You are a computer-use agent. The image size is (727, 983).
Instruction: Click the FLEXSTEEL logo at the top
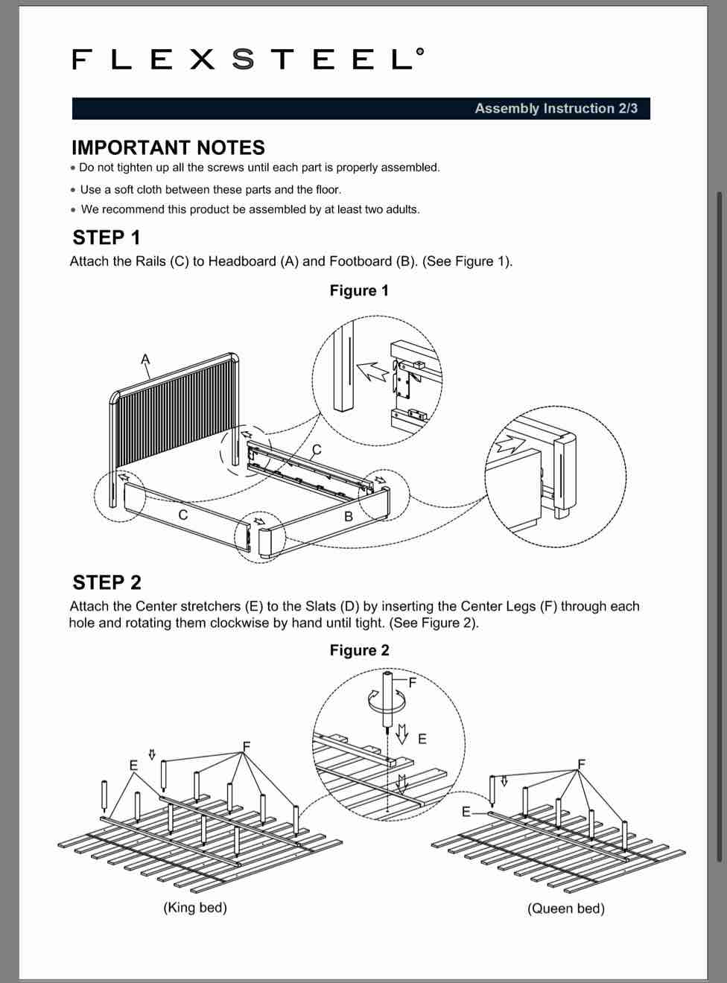tap(248, 59)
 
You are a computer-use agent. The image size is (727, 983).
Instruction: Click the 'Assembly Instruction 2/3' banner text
tap(556, 109)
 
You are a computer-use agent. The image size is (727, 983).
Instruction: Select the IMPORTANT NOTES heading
tap(168, 147)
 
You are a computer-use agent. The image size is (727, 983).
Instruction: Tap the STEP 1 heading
tap(107, 238)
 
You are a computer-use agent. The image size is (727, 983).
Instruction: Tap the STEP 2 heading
tap(107, 582)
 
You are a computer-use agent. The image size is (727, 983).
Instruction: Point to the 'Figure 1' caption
tap(359, 290)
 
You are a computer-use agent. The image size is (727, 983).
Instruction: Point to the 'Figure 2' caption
tap(359, 650)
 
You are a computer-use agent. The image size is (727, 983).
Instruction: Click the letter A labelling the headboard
tap(145, 360)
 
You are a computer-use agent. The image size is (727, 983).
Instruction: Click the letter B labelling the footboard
tap(348, 516)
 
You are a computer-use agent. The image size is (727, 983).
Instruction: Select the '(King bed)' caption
tap(195, 907)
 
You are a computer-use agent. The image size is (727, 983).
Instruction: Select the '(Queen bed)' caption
tap(566, 909)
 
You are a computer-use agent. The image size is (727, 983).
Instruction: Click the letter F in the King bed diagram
tap(247, 746)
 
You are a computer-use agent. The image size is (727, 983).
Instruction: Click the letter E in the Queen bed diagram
tap(466, 812)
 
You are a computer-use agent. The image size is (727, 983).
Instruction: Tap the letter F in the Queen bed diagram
tap(582, 763)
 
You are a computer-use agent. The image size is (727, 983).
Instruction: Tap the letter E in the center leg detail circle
tap(422, 739)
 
